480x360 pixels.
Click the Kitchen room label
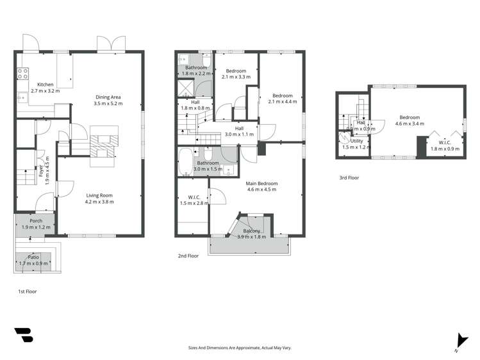(45, 85)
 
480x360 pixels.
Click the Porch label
(35, 221)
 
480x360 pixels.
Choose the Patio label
(33, 257)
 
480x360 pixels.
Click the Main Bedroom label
(261, 183)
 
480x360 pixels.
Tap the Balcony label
(251, 231)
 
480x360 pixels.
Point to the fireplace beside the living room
(103, 146)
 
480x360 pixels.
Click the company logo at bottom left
(23, 336)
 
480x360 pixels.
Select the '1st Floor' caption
(28, 291)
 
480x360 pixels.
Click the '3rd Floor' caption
(349, 179)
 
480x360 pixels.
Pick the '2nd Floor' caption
(188, 256)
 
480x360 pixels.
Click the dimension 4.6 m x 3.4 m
(410, 124)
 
